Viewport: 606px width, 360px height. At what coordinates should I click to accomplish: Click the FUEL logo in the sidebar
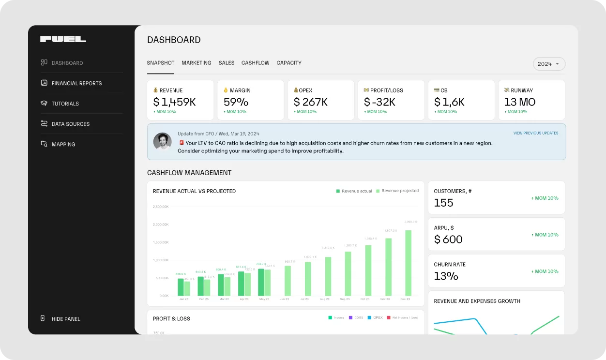pyautogui.click(x=63, y=39)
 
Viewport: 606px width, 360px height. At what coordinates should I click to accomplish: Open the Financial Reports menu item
pyautogui.click(x=76, y=83)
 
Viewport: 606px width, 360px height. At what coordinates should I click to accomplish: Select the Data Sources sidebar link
pyautogui.click(x=70, y=124)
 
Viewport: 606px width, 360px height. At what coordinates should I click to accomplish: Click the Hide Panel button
pyautogui.click(x=65, y=319)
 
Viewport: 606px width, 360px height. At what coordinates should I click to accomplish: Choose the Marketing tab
pyautogui.click(x=196, y=63)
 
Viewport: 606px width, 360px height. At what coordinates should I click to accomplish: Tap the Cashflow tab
pyautogui.click(x=255, y=63)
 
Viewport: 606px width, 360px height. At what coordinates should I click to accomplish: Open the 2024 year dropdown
pyautogui.click(x=549, y=64)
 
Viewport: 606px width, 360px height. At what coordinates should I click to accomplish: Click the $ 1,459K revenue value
pyautogui.click(x=174, y=102)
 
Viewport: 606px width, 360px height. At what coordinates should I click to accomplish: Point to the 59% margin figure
pyautogui.click(x=236, y=102)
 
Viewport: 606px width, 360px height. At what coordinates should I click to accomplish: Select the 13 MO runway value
pyautogui.click(x=519, y=102)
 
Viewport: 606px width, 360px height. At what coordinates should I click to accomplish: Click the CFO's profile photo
pyautogui.click(x=162, y=141)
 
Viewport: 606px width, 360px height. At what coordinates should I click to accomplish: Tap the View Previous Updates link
pyautogui.click(x=535, y=133)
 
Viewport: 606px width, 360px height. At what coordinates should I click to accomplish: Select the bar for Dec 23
pyautogui.click(x=408, y=263)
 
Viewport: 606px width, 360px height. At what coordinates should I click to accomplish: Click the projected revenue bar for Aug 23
pyautogui.click(x=328, y=276)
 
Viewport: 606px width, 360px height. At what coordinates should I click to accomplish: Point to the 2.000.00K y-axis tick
pyautogui.click(x=161, y=225)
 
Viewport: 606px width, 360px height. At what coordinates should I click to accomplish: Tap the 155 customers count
pyautogui.click(x=443, y=203)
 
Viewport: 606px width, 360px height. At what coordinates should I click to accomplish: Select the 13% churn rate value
pyautogui.click(x=446, y=276)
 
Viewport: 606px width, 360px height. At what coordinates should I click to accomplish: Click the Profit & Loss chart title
pyautogui.click(x=171, y=318)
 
